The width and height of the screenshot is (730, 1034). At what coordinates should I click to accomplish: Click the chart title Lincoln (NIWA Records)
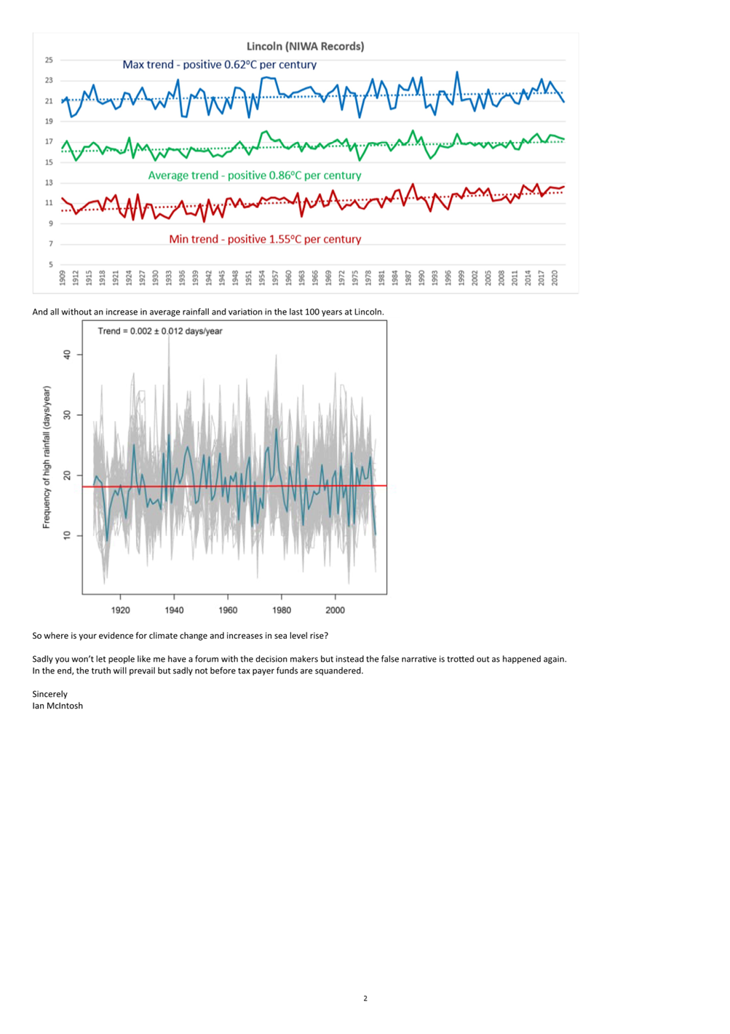point(305,46)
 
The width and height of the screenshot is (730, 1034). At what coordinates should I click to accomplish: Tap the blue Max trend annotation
point(219,65)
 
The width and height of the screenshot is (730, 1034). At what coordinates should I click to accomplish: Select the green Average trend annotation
point(254,175)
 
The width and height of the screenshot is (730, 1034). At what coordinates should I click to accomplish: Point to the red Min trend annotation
point(265,239)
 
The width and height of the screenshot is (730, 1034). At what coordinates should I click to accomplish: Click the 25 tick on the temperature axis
point(49,60)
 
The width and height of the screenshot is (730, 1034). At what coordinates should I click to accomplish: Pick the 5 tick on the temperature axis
point(51,264)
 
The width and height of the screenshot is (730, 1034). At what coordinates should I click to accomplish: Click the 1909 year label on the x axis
point(63,278)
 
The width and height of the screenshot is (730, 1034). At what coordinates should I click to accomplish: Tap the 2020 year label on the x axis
point(555,278)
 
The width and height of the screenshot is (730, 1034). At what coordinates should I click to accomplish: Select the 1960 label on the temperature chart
point(288,278)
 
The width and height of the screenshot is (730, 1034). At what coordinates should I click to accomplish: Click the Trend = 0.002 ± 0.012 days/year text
point(160,331)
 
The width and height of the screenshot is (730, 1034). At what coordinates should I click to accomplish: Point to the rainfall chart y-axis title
point(46,457)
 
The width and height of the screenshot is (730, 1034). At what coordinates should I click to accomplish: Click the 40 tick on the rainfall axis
point(68,355)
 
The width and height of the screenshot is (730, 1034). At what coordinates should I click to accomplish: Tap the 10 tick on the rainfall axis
point(68,535)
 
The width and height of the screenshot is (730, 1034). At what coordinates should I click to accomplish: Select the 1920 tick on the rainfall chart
point(120,610)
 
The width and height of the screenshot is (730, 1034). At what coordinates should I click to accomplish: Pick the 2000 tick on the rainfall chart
point(335,610)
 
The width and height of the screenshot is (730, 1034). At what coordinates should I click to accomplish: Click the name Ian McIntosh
point(57,706)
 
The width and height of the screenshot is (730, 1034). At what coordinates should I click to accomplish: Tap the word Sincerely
point(49,694)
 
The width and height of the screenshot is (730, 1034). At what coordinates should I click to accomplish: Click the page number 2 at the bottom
point(365,998)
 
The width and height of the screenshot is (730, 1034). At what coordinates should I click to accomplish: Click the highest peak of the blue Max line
point(457,72)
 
